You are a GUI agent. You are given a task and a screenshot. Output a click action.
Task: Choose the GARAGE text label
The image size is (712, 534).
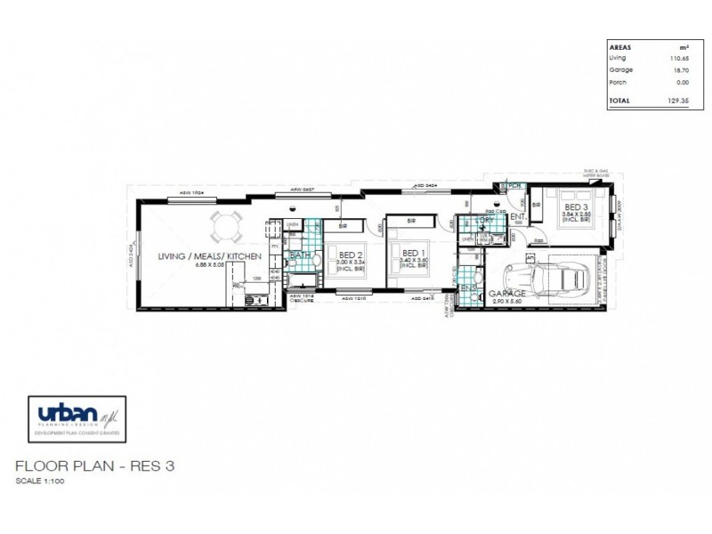pyautogui.click(x=508, y=293)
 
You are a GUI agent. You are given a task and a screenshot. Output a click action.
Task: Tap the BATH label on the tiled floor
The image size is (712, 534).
pyautogui.click(x=300, y=255)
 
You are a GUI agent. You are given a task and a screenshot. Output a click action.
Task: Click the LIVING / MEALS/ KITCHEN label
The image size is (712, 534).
pyautogui.click(x=208, y=256)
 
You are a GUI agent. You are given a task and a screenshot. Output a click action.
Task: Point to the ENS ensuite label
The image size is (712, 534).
pyautogui.click(x=468, y=287)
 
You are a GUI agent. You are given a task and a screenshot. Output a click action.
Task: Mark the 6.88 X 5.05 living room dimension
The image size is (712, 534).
pyautogui.click(x=208, y=264)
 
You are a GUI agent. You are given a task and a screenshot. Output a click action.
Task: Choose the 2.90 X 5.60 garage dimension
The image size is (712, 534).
pyautogui.click(x=508, y=302)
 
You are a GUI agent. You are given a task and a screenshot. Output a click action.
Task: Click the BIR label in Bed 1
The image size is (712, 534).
pyautogui.click(x=412, y=221)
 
